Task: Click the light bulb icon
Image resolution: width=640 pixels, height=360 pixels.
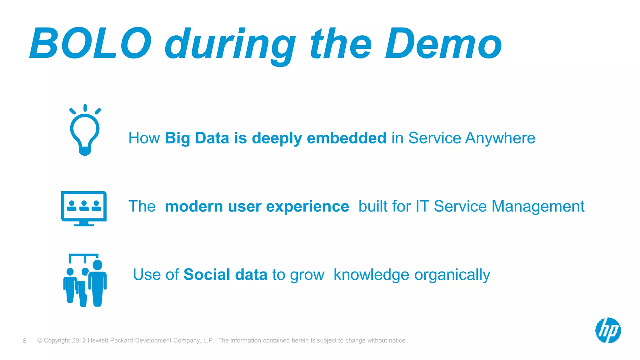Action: click(85, 131)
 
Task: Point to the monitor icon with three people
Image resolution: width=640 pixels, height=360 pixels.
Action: click(84, 206)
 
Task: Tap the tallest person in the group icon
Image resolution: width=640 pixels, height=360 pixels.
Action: click(97, 283)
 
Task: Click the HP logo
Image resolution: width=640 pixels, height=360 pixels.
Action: click(608, 330)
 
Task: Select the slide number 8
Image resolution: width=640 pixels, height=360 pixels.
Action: click(25, 341)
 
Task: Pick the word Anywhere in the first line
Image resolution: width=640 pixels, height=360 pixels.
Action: click(500, 138)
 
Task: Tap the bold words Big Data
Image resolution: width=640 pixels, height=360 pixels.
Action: click(197, 138)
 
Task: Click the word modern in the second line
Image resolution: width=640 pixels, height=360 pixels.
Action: click(194, 207)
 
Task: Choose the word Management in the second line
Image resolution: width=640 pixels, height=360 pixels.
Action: click(538, 207)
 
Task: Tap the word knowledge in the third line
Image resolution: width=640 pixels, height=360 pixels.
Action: click(371, 275)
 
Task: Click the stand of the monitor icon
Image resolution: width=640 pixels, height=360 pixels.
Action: click(84, 223)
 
